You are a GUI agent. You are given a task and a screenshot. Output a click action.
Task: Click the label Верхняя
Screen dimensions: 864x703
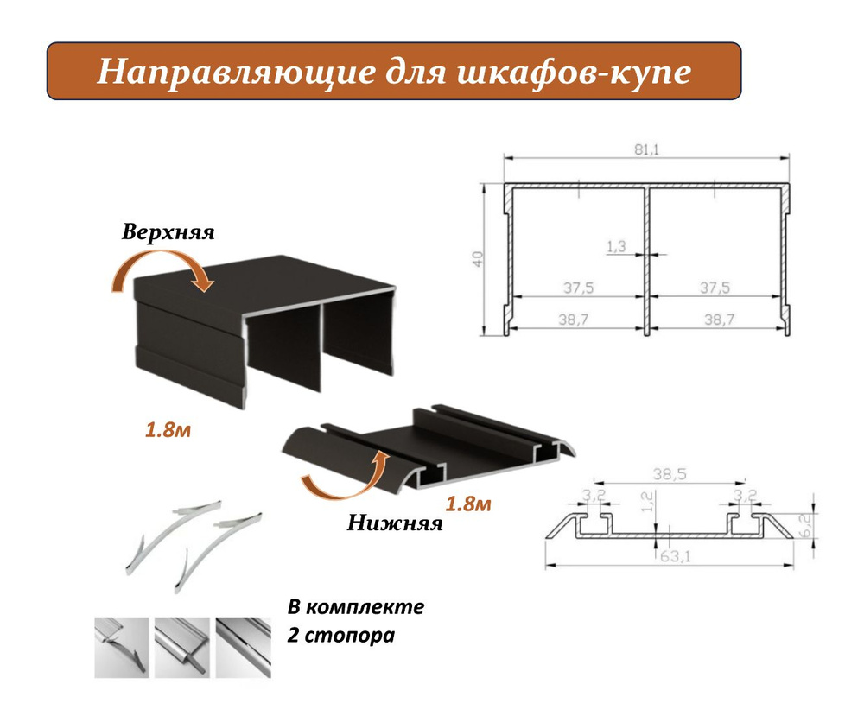click(x=168, y=232)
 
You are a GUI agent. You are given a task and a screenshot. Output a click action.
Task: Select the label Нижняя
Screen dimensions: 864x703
click(x=395, y=522)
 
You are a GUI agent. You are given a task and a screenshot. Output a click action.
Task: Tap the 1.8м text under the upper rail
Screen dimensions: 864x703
click(x=168, y=430)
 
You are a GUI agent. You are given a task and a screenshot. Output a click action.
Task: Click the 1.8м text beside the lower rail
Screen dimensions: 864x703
click(x=467, y=503)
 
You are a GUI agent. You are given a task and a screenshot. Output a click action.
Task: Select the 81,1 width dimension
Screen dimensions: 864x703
click(x=646, y=149)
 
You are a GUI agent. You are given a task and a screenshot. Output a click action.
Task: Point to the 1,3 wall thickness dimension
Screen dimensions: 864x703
click(x=616, y=246)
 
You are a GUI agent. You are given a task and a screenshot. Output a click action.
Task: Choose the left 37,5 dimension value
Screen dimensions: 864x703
click(x=578, y=288)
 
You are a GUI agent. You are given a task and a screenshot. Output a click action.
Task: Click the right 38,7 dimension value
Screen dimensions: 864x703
click(x=719, y=319)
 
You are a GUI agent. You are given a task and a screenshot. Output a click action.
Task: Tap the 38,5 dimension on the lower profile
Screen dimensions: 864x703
click(x=670, y=474)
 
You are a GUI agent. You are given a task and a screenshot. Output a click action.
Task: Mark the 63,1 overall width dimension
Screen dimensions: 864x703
click(x=675, y=556)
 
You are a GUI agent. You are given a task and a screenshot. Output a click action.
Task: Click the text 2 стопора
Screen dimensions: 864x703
click(x=341, y=636)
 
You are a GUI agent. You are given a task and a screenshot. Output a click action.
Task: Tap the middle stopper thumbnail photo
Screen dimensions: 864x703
click(x=181, y=648)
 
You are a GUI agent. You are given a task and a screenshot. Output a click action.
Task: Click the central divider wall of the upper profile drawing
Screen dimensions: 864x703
click(x=647, y=260)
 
